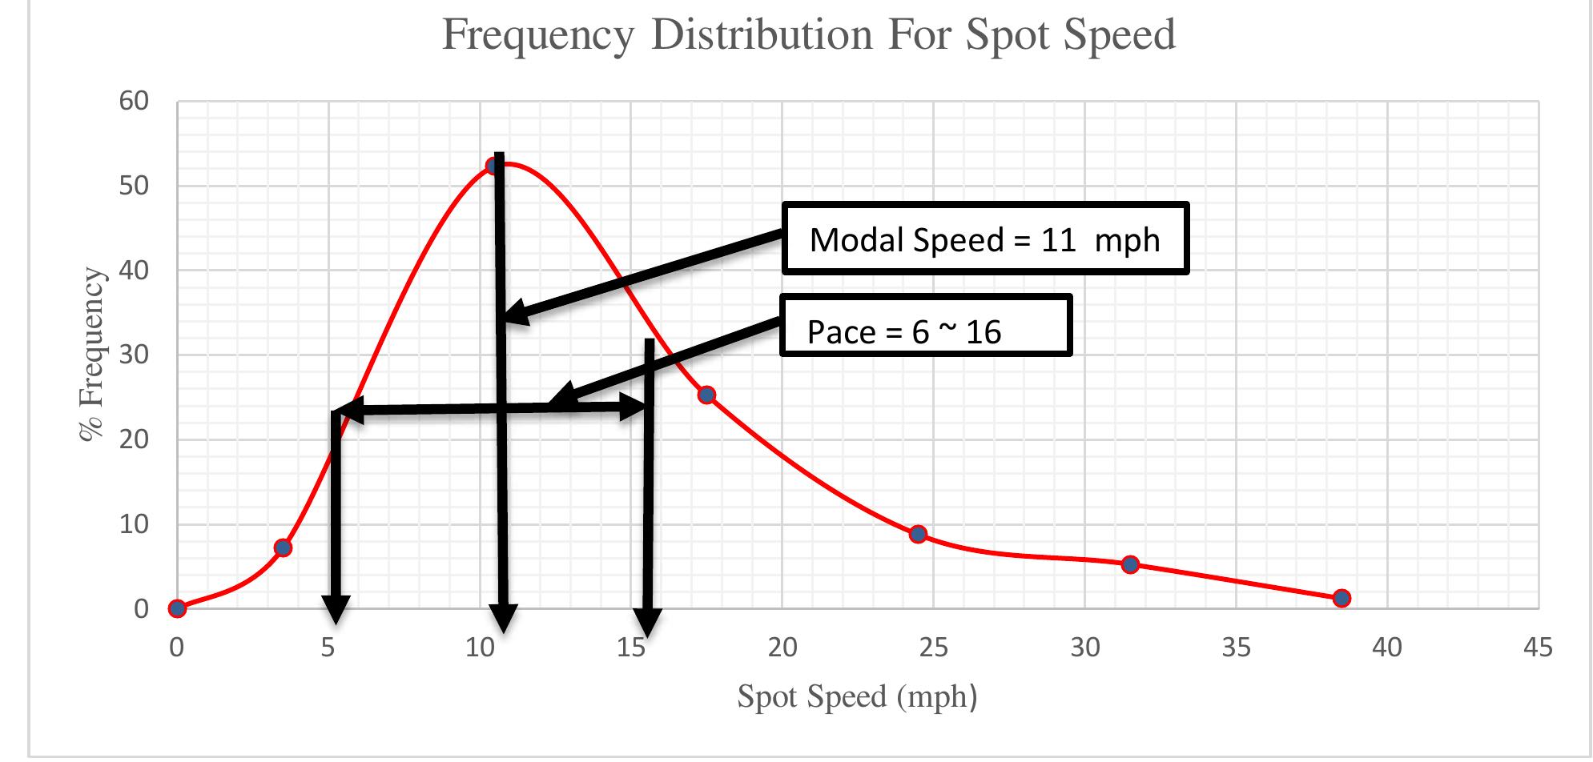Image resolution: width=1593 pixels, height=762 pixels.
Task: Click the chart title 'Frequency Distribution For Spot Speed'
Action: [x=808, y=34]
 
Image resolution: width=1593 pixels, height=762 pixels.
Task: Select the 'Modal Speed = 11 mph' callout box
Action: [x=984, y=239]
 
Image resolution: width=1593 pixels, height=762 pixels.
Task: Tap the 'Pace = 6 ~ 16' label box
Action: [x=925, y=326]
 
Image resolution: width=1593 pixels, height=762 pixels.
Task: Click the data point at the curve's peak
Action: [x=493, y=166]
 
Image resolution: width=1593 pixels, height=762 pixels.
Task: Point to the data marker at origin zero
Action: [x=177, y=608]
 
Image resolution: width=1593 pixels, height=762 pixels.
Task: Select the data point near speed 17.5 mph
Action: [x=706, y=395]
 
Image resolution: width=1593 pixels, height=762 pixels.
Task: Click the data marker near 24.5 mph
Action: [x=918, y=534]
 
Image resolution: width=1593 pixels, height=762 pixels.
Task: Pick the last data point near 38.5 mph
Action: [x=1342, y=598]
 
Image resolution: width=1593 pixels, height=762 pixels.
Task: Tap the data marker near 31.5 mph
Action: [x=1130, y=564]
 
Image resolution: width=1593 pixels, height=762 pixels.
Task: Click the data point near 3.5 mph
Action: [x=283, y=547]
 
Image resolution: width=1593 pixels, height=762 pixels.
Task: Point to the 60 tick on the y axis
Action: [x=134, y=101]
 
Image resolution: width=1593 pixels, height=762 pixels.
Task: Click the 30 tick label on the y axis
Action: [x=134, y=355]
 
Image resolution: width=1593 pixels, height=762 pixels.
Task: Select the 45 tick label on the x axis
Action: [x=1538, y=648]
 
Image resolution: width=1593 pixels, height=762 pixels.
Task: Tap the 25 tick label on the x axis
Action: [x=933, y=648]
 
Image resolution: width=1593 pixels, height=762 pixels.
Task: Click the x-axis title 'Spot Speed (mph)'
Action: [x=857, y=696]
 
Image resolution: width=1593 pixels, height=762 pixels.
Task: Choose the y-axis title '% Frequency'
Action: [x=92, y=355]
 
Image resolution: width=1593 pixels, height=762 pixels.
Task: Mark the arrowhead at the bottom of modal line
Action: [x=503, y=617]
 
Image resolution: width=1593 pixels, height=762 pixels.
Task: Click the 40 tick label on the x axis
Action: [x=1386, y=648]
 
